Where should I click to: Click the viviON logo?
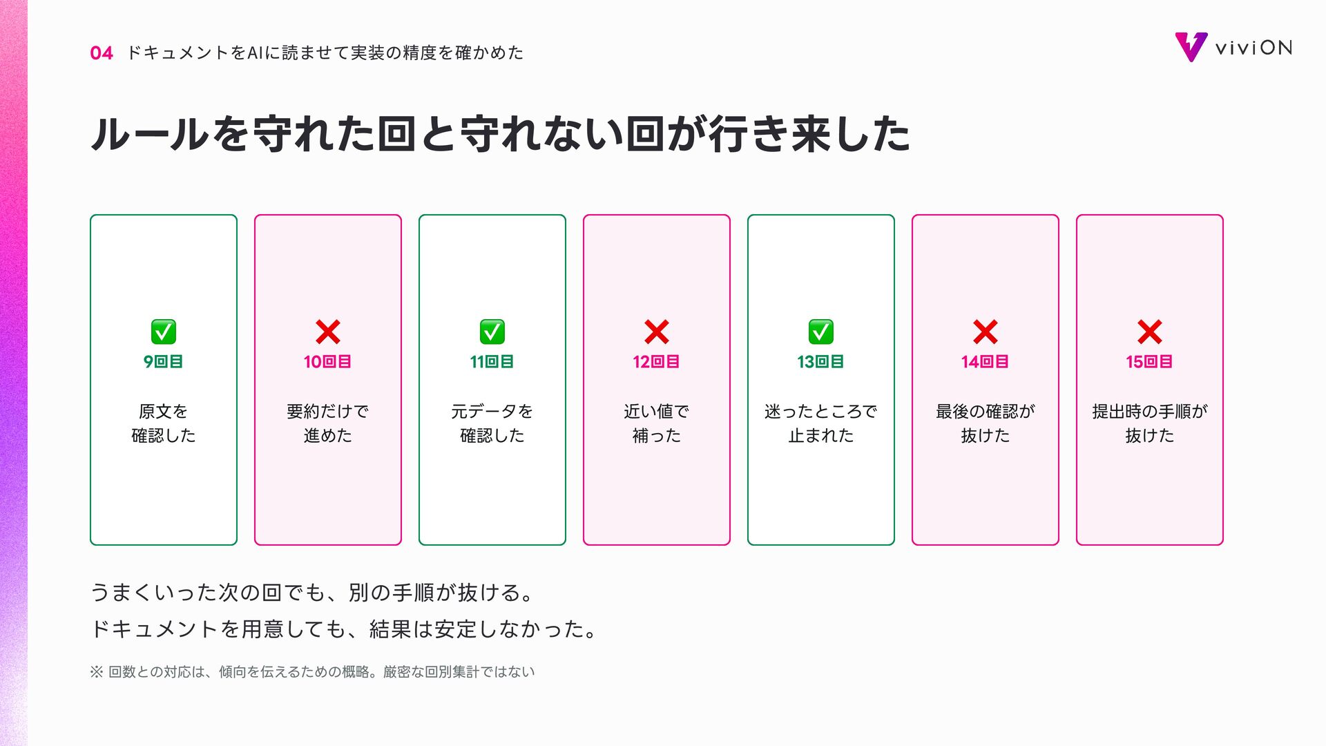tap(1233, 47)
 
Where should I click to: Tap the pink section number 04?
tap(102, 53)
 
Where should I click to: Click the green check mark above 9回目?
tap(164, 332)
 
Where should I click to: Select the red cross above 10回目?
tap(328, 332)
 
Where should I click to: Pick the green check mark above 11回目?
tap(492, 332)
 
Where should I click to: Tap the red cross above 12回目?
tap(657, 332)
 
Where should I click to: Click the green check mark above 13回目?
tap(821, 332)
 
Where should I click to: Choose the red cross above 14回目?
tap(986, 332)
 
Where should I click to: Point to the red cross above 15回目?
tap(1150, 332)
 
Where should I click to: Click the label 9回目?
tap(164, 362)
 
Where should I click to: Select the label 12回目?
tap(657, 362)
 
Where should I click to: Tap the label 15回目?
tap(1150, 362)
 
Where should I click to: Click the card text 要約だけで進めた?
tap(328, 423)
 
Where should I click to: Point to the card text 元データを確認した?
tap(492, 423)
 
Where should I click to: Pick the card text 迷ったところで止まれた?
tap(821, 423)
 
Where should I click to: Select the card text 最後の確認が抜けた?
tap(986, 423)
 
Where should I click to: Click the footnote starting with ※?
tap(312, 672)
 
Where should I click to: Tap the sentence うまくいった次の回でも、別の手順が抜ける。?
tap(312, 593)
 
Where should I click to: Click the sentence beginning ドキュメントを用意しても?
tap(344, 629)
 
